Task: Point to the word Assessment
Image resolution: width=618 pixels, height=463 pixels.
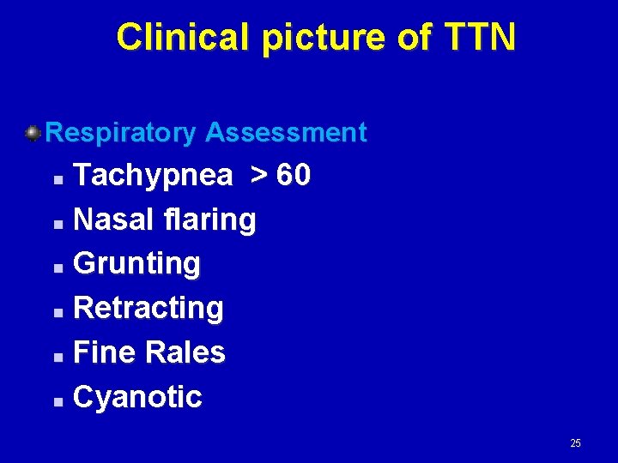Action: pyautogui.click(x=286, y=133)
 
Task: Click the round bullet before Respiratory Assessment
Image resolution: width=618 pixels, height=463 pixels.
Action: pyautogui.click(x=33, y=133)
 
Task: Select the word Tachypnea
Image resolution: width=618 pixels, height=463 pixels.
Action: pyautogui.click(x=153, y=176)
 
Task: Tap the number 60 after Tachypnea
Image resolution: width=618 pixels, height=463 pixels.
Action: pyautogui.click(x=294, y=176)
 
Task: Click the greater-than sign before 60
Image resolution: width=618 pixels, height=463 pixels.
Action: pyautogui.click(x=257, y=176)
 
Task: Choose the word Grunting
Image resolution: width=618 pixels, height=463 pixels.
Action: pyautogui.click(x=137, y=264)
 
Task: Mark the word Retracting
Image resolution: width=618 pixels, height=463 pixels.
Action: pyautogui.click(x=148, y=308)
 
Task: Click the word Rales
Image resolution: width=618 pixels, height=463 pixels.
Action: pyautogui.click(x=185, y=352)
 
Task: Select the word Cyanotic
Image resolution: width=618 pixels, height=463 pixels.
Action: pyautogui.click(x=138, y=397)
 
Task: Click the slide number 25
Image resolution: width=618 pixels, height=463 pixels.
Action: pyautogui.click(x=575, y=443)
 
